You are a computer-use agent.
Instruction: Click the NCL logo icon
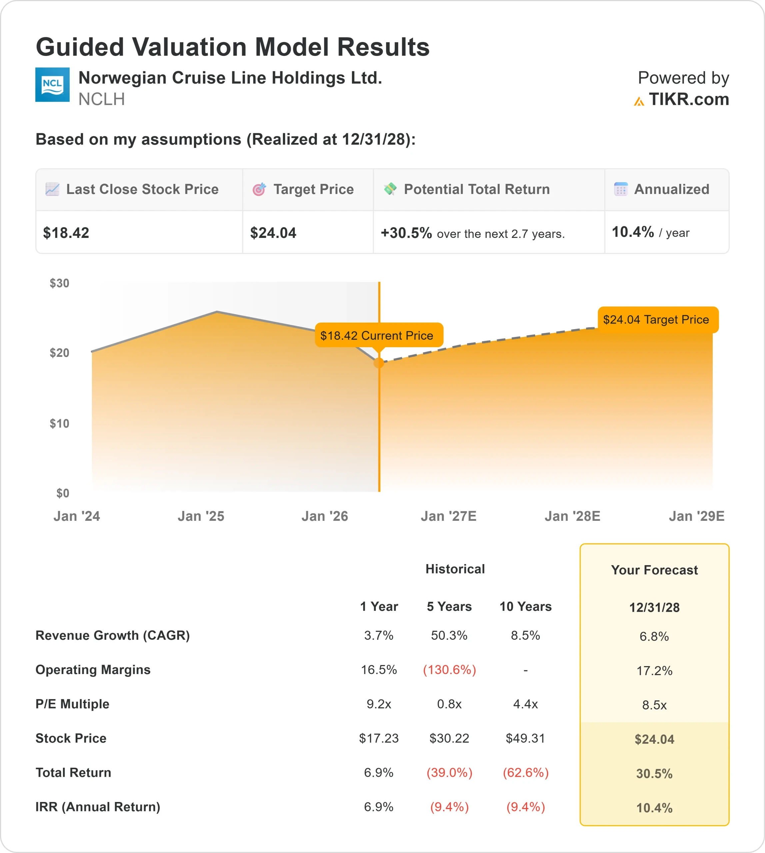pos(52,85)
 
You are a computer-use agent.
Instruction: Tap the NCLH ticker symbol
pos(101,100)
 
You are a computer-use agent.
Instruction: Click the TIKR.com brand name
pos(688,100)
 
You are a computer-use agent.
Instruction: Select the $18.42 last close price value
pos(66,233)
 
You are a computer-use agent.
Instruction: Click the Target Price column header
pos(313,189)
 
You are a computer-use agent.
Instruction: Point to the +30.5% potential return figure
pos(406,233)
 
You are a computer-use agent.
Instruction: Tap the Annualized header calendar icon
pos(621,189)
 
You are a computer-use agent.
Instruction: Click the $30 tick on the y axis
pos(59,283)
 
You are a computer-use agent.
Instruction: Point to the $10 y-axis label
pos(59,424)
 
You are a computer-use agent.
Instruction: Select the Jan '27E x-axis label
pos(448,516)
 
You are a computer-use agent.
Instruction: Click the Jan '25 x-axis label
pos(201,516)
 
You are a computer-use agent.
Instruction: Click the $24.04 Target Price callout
pos(656,320)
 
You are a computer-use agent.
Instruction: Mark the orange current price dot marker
pos(379,363)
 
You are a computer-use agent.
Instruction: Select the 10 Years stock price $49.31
pos(525,738)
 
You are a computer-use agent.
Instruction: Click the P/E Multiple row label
pos(72,704)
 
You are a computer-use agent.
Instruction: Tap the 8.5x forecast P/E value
pos(654,705)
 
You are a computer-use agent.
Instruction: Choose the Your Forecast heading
pos(654,570)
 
